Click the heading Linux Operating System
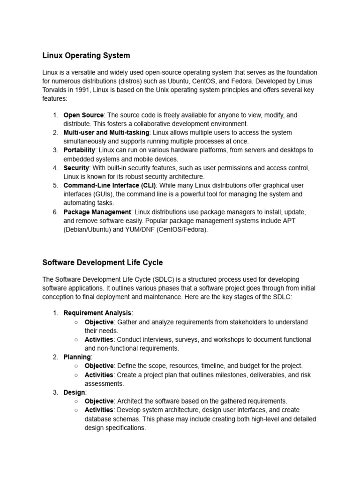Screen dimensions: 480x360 (86, 56)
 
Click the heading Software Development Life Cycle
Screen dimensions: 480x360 (103, 262)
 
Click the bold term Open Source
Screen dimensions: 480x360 (83, 115)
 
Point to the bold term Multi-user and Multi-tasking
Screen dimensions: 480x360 (106, 133)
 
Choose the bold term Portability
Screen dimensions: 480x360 (79, 150)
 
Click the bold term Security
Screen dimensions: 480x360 (76, 168)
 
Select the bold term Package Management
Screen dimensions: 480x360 (97, 212)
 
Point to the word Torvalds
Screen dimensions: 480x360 (56, 90)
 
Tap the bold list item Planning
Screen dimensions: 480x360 (77, 357)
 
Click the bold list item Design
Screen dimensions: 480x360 (74, 392)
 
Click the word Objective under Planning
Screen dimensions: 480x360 (99, 366)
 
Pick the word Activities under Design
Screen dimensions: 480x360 (99, 410)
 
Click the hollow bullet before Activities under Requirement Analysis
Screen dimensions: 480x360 (76, 339)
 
